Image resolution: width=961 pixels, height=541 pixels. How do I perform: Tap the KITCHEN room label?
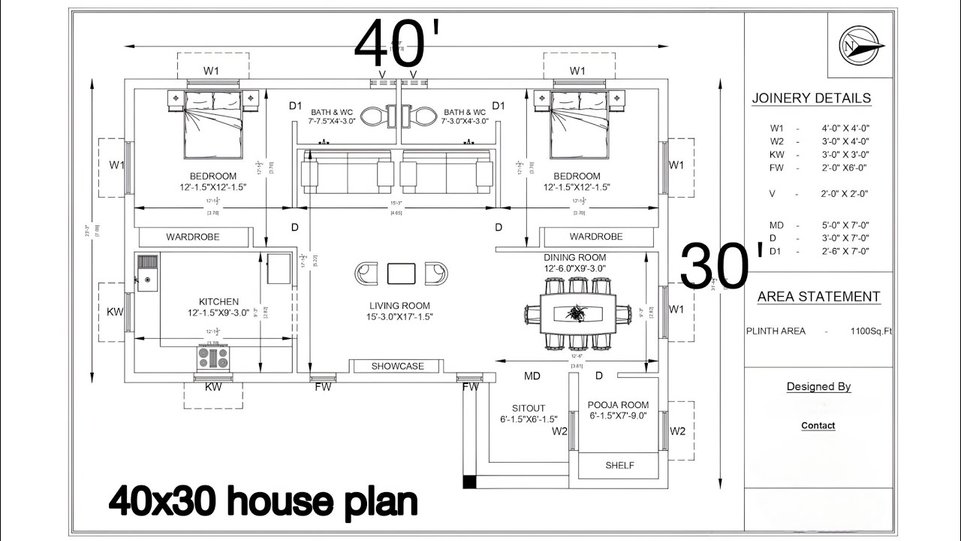[218, 301]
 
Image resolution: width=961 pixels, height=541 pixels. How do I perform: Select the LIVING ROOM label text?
[399, 306]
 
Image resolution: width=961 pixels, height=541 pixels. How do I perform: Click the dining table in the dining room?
[578, 313]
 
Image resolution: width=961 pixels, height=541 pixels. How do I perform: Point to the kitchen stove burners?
[213, 358]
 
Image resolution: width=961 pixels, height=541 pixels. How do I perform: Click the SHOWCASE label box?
[398, 367]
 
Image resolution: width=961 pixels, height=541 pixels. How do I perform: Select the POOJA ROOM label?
[618, 405]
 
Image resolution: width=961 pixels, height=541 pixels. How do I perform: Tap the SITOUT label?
[529, 408]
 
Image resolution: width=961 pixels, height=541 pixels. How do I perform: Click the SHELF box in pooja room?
[619, 465]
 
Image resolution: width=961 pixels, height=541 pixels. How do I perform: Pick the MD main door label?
[532, 375]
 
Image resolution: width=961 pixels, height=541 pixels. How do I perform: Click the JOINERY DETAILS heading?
[812, 98]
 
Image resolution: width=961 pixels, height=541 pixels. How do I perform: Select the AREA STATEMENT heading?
[818, 297]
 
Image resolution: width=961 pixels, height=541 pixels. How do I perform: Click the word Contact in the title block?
[818, 425]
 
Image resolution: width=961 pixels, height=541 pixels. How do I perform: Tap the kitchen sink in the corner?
[147, 271]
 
